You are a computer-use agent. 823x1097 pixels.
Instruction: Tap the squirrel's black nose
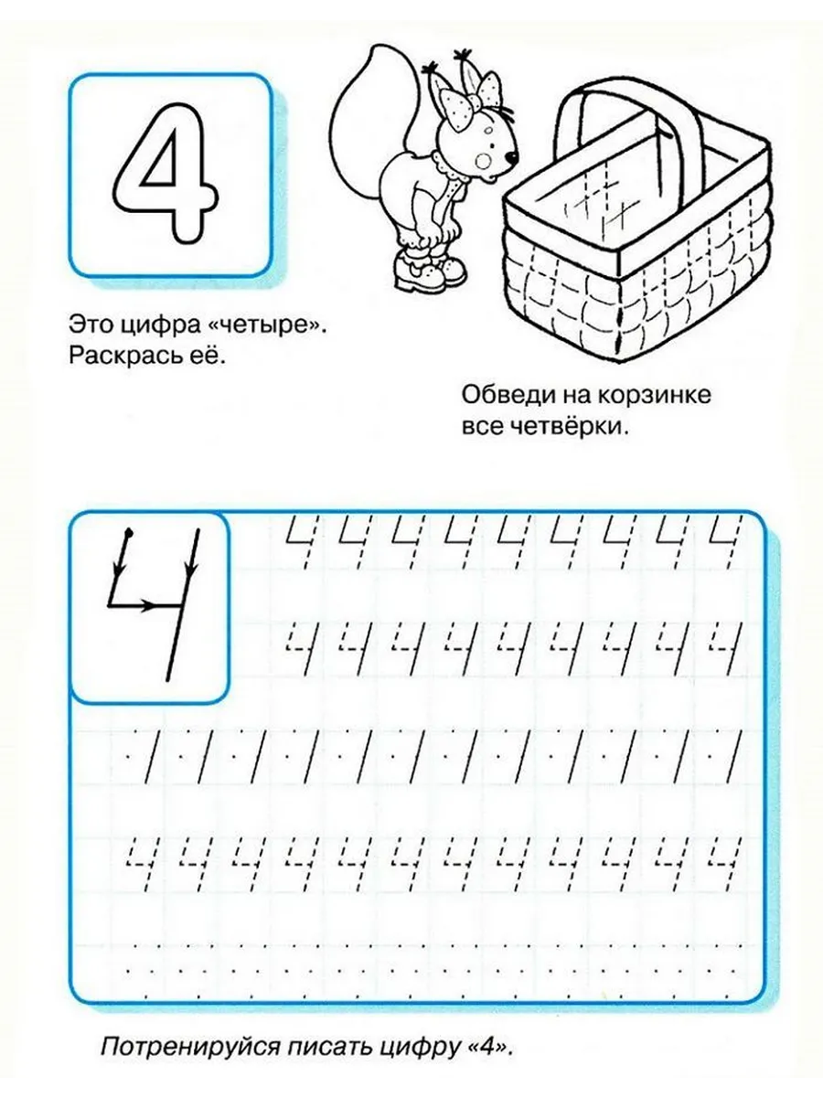(x=512, y=158)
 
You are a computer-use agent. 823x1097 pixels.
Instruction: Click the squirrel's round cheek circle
(x=484, y=160)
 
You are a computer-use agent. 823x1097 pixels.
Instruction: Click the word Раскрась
(x=126, y=356)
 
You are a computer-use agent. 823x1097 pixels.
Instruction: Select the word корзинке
(x=654, y=395)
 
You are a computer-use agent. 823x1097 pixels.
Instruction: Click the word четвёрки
(x=575, y=427)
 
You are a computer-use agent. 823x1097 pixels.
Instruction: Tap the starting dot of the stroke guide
(x=129, y=531)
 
